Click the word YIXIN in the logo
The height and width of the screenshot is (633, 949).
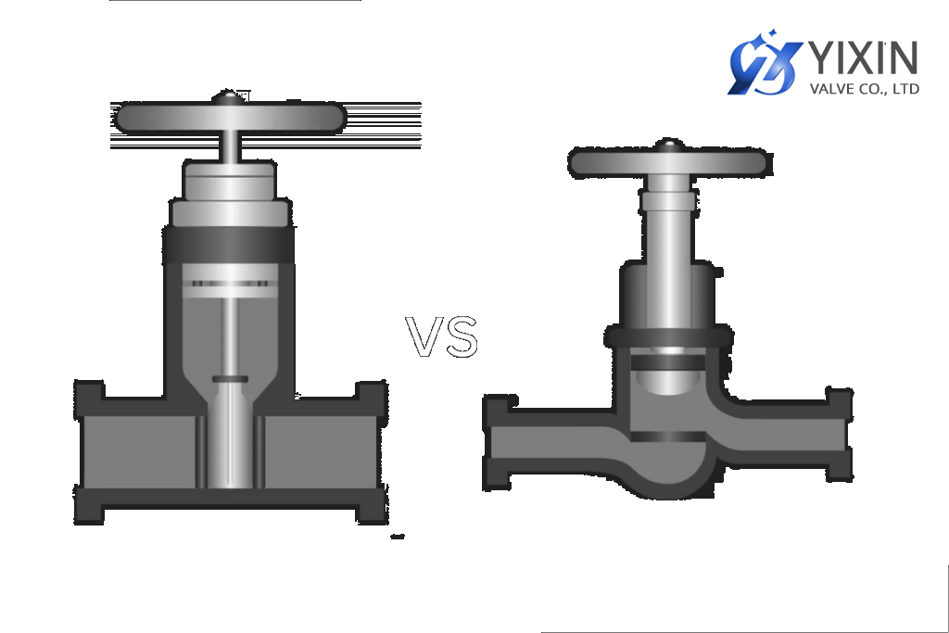pyautogui.click(x=864, y=57)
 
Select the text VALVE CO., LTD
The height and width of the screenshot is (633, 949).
pyautogui.click(x=864, y=89)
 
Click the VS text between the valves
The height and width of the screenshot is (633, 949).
pyautogui.click(x=443, y=337)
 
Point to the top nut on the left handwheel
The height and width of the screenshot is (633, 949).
pyautogui.click(x=227, y=95)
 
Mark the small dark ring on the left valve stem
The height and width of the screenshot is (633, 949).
pyautogui.click(x=230, y=379)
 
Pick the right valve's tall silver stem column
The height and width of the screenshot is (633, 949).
pyautogui.click(x=668, y=222)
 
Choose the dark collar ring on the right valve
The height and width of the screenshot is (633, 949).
pyautogui.click(x=668, y=336)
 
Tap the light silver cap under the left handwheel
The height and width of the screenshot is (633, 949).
pyautogui.click(x=229, y=180)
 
